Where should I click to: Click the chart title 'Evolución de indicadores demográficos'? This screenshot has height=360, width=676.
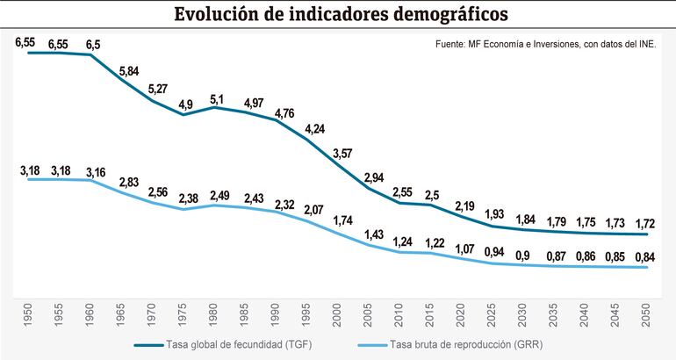click(339, 16)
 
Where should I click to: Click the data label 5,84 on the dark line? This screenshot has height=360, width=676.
click(129, 70)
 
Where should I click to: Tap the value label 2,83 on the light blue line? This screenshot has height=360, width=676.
click(129, 182)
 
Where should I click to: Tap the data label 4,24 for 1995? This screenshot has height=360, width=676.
click(313, 130)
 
